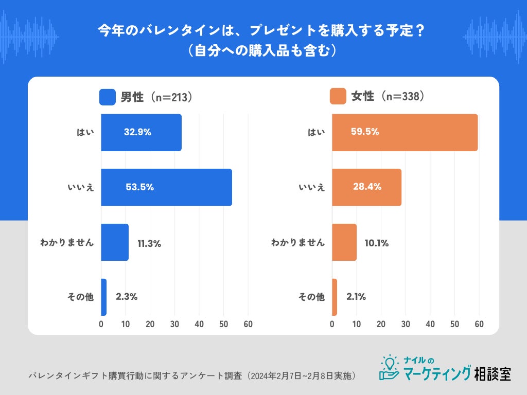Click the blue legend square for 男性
click(x=108, y=97)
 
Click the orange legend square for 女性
click(x=338, y=97)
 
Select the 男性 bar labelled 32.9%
click(x=141, y=132)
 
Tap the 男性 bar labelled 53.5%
click(x=166, y=187)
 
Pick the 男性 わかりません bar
click(x=115, y=242)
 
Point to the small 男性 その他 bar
click(x=103, y=297)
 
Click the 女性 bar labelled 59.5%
click(x=405, y=132)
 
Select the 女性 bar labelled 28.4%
click(x=366, y=187)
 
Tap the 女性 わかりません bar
click(x=344, y=242)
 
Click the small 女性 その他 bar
click(x=335, y=297)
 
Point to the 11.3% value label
click(x=149, y=244)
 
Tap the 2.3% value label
click(x=126, y=297)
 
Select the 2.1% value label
click(x=356, y=297)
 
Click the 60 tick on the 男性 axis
click(x=248, y=324)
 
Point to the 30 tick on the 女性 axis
click(x=406, y=324)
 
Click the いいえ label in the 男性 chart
click(x=81, y=187)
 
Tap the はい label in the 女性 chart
click(x=317, y=132)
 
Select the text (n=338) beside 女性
click(x=402, y=97)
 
